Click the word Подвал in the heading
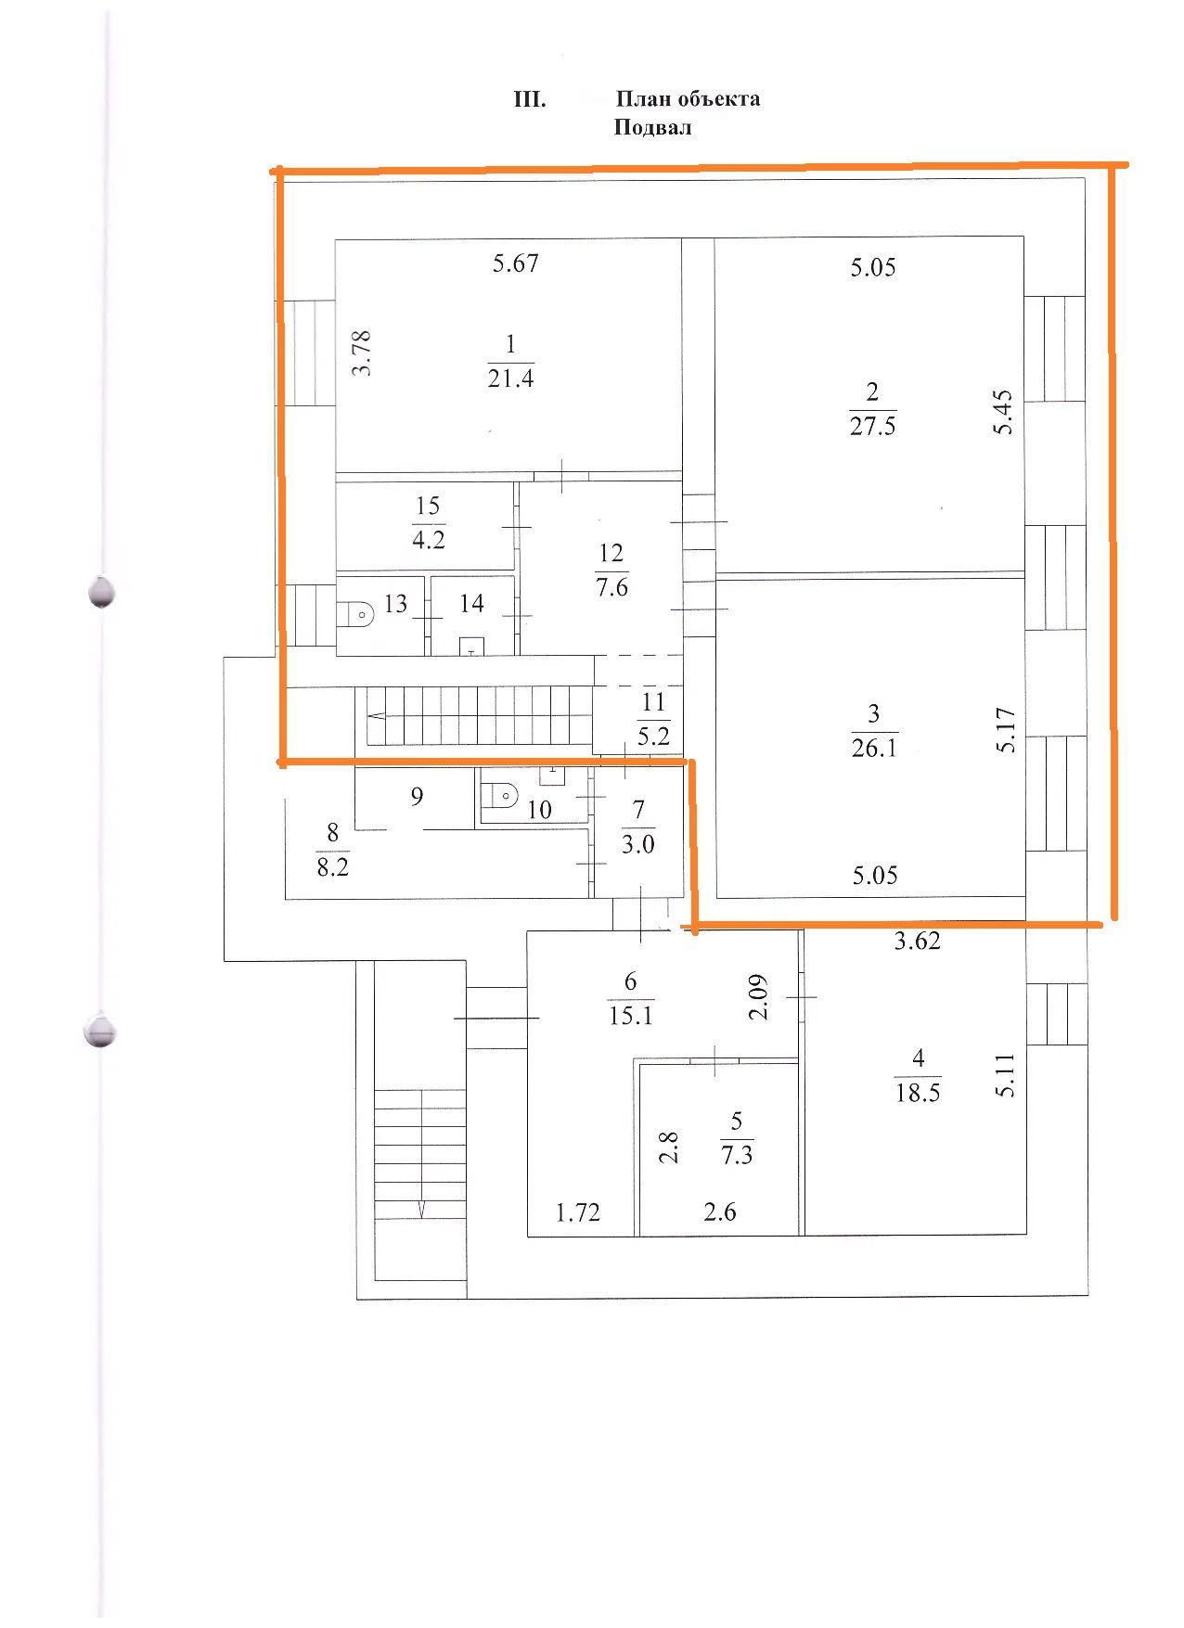(652, 128)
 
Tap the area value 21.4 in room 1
(510, 378)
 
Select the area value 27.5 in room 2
(873, 427)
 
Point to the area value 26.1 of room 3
(874, 748)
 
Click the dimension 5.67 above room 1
(515, 263)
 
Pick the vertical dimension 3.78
(362, 353)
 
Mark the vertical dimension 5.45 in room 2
(1003, 413)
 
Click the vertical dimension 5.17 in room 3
(1008, 730)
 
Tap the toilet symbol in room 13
(361, 613)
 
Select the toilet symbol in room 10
(502, 795)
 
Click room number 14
(471, 604)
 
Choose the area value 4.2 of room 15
(428, 539)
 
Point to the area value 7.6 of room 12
(612, 587)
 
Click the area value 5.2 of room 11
(654, 737)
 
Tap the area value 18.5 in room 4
(918, 1093)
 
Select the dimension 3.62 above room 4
(917, 942)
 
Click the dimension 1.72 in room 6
(578, 1211)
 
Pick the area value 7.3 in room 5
(737, 1156)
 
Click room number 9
(417, 796)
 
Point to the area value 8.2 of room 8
(332, 869)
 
